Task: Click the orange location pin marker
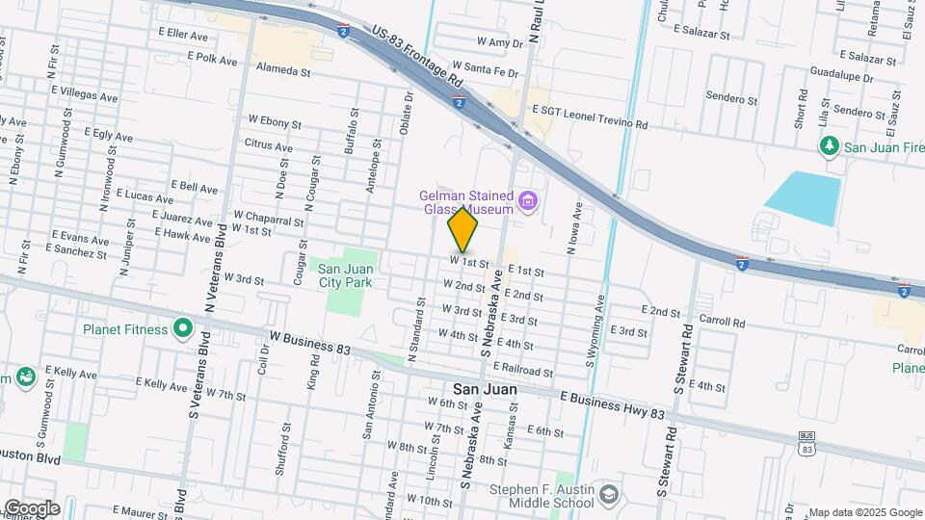(463, 230)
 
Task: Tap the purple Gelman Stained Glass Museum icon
(527, 201)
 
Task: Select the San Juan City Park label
(345, 275)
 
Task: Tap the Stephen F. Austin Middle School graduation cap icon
(608, 496)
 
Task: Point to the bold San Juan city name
(472, 390)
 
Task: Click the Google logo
(31, 508)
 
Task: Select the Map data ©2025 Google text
(864, 512)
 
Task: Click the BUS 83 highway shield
(806, 443)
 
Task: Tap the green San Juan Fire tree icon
(828, 145)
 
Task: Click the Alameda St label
(282, 70)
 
